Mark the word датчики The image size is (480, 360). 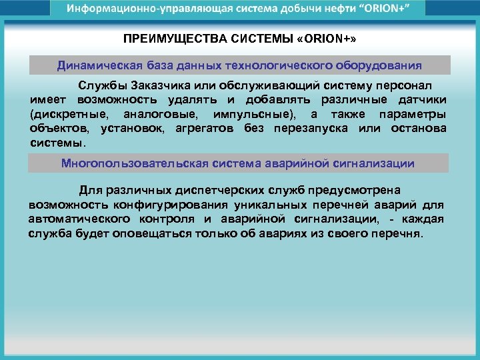coord(422,101)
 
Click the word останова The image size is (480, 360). coord(419,129)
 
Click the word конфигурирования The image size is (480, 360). coord(169,205)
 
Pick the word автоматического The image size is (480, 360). coord(77,219)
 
